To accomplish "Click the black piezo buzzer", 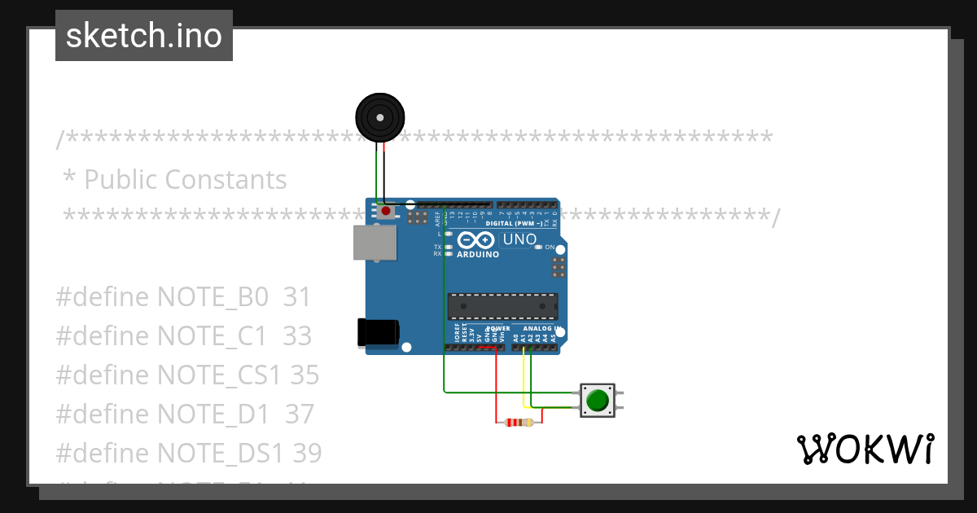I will [x=380, y=118].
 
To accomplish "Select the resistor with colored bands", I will [x=519, y=422].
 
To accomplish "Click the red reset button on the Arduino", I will [x=386, y=212].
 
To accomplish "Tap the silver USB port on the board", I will [x=375, y=242].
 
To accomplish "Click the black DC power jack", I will [x=378, y=333].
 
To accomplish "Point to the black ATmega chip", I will [x=502, y=306].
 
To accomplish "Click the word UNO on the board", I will [x=519, y=239].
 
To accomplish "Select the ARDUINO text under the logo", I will [x=478, y=255].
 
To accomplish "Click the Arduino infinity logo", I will [x=476, y=240].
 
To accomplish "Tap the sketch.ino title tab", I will [x=144, y=36].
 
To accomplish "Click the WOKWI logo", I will [x=865, y=449].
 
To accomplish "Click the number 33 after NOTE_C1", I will [x=297, y=336].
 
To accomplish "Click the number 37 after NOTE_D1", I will [x=299, y=414].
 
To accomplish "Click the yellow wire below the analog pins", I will [x=524, y=375].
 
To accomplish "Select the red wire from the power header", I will [x=497, y=383].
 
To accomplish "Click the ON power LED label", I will [x=550, y=248].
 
